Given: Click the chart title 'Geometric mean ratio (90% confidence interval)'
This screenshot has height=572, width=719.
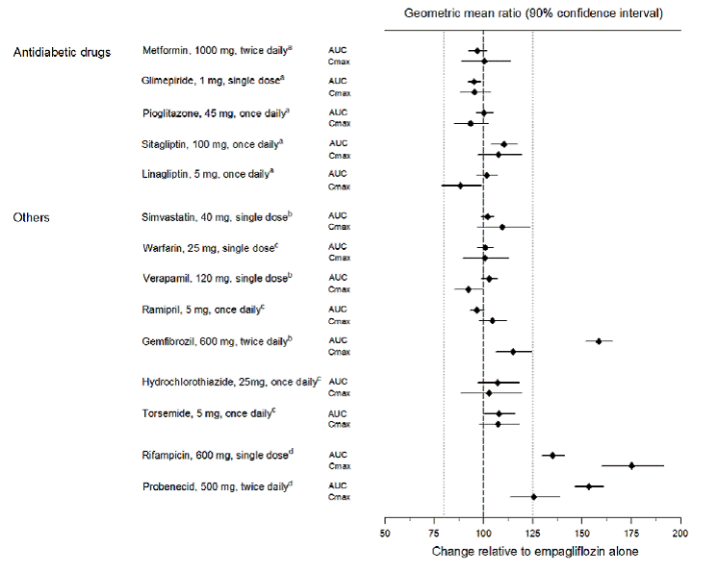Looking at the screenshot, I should click(532, 13).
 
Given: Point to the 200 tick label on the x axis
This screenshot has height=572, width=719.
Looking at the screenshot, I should click(680, 533).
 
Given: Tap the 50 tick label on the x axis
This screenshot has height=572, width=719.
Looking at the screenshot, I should click(385, 533).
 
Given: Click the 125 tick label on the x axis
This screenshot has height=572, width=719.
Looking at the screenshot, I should click(532, 533).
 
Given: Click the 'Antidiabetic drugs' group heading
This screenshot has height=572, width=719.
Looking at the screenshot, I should click(61, 51).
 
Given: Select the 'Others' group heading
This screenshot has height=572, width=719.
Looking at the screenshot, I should click(31, 217).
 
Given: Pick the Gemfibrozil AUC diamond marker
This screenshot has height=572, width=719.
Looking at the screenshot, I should click(599, 340).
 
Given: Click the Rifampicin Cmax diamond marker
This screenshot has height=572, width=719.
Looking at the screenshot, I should click(631, 465).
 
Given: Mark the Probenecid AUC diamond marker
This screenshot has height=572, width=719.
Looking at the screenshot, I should click(589, 486).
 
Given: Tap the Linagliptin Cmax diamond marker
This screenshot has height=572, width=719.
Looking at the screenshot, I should click(460, 186).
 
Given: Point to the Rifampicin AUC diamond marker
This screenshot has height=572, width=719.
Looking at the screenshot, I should click(552, 455).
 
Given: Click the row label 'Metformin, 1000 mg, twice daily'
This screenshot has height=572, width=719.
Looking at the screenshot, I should click(217, 50).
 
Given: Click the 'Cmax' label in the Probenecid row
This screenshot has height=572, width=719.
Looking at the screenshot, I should click(339, 497).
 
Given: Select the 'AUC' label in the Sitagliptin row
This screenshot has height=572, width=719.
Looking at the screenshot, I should click(339, 144).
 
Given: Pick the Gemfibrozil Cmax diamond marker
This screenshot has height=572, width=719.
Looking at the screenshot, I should click(513, 352).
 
